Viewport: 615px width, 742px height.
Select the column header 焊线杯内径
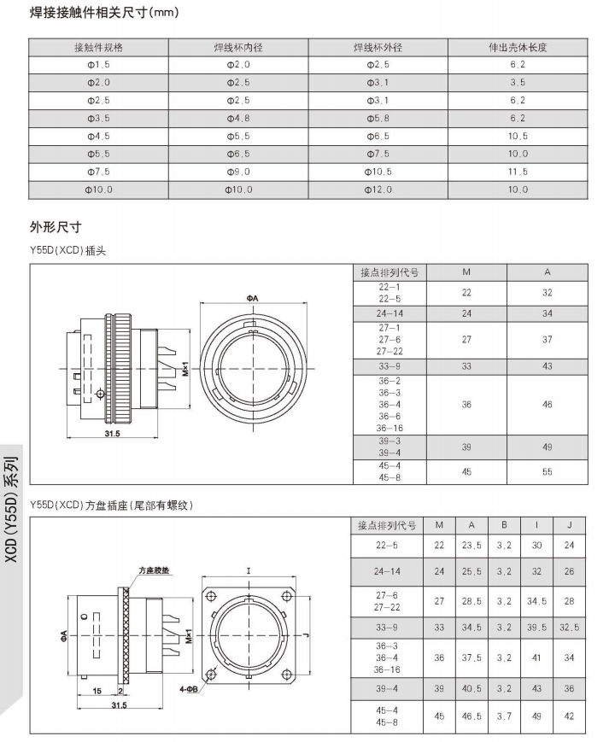238,48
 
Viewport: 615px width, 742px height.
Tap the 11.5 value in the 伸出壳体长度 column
518,172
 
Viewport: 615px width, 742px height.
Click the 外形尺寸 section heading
55,227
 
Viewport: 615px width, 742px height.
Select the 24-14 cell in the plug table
389,313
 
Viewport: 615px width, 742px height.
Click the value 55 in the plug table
547,471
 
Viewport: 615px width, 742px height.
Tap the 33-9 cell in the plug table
389,366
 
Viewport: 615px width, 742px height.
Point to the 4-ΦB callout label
189,687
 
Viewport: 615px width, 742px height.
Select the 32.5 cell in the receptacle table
569,627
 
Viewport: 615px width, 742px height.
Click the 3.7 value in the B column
504,716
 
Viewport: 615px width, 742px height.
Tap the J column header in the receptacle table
569,524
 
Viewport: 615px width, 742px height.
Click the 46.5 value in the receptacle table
471,716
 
